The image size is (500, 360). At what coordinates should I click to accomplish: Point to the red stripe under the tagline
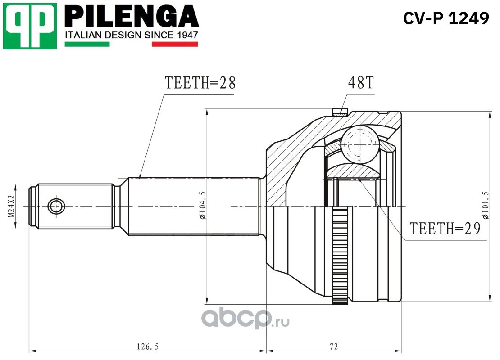(x=175, y=44)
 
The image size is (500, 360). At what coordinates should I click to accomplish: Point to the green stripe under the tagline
(x=87, y=44)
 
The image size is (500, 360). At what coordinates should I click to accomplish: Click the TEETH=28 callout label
(x=200, y=83)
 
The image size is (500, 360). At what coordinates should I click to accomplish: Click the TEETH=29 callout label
(x=445, y=228)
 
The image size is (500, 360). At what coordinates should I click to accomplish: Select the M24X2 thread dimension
(x=11, y=207)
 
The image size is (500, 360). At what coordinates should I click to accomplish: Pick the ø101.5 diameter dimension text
(x=485, y=205)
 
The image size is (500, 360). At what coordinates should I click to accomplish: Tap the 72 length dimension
(x=333, y=346)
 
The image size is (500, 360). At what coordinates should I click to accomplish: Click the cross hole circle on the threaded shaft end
(x=56, y=207)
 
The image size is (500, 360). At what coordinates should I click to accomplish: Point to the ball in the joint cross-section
(x=360, y=143)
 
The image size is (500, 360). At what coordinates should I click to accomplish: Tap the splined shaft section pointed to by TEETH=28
(x=194, y=206)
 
